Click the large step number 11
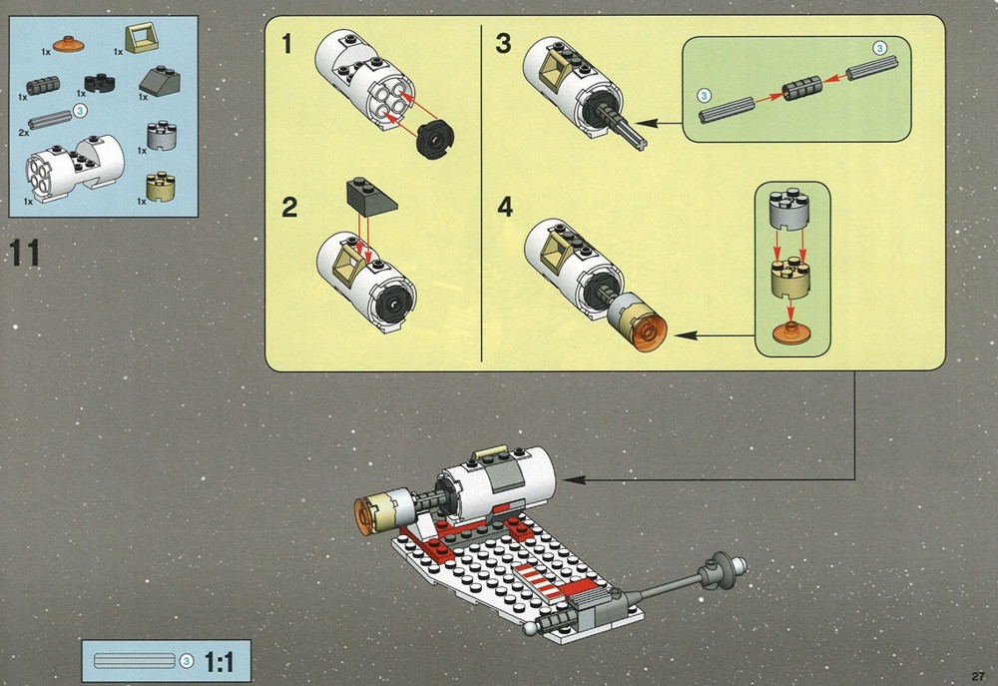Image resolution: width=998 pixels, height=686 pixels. (x=26, y=253)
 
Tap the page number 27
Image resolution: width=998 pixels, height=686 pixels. (x=978, y=676)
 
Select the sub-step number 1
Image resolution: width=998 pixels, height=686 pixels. (x=287, y=44)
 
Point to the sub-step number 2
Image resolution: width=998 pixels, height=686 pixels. (x=289, y=208)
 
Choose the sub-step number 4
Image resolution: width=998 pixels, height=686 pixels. (x=505, y=207)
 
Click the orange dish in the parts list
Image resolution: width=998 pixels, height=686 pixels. (x=71, y=44)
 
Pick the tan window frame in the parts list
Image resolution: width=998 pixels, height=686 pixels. (x=143, y=39)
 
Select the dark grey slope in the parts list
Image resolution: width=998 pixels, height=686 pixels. (x=159, y=81)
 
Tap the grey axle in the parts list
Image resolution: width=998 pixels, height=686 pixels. (x=49, y=119)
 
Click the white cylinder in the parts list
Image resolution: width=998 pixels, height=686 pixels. (x=75, y=168)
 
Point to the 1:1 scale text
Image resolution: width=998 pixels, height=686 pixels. (x=219, y=662)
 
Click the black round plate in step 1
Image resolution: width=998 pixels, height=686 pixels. (x=434, y=140)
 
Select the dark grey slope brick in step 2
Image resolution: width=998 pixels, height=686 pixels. (x=371, y=195)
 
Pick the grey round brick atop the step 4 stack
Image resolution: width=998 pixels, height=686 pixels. (x=789, y=209)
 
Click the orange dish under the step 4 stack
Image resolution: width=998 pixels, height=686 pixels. (x=789, y=333)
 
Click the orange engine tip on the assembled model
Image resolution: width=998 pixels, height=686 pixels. (x=365, y=516)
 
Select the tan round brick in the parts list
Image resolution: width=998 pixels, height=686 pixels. (x=161, y=188)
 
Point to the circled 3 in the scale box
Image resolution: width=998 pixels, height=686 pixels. (x=187, y=661)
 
